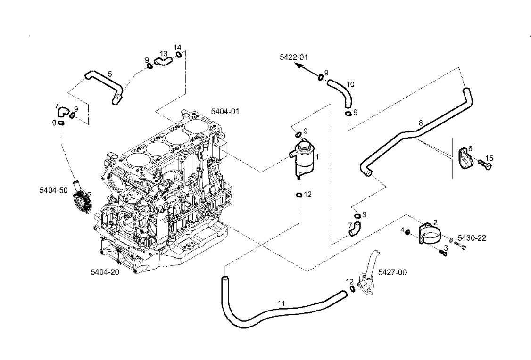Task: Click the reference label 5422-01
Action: (x=293, y=57)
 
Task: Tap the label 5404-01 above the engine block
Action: (x=225, y=112)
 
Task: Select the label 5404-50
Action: (x=54, y=190)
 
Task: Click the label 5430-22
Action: (x=472, y=238)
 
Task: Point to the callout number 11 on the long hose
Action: (x=281, y=303)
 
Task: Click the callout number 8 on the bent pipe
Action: (x=421, y=123)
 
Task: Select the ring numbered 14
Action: (x=179, y=56)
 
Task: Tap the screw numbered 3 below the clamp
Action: (x=442, y=253)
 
